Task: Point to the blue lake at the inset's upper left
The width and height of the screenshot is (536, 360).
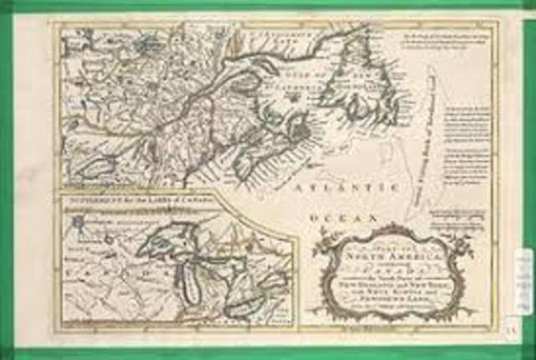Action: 79,223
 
